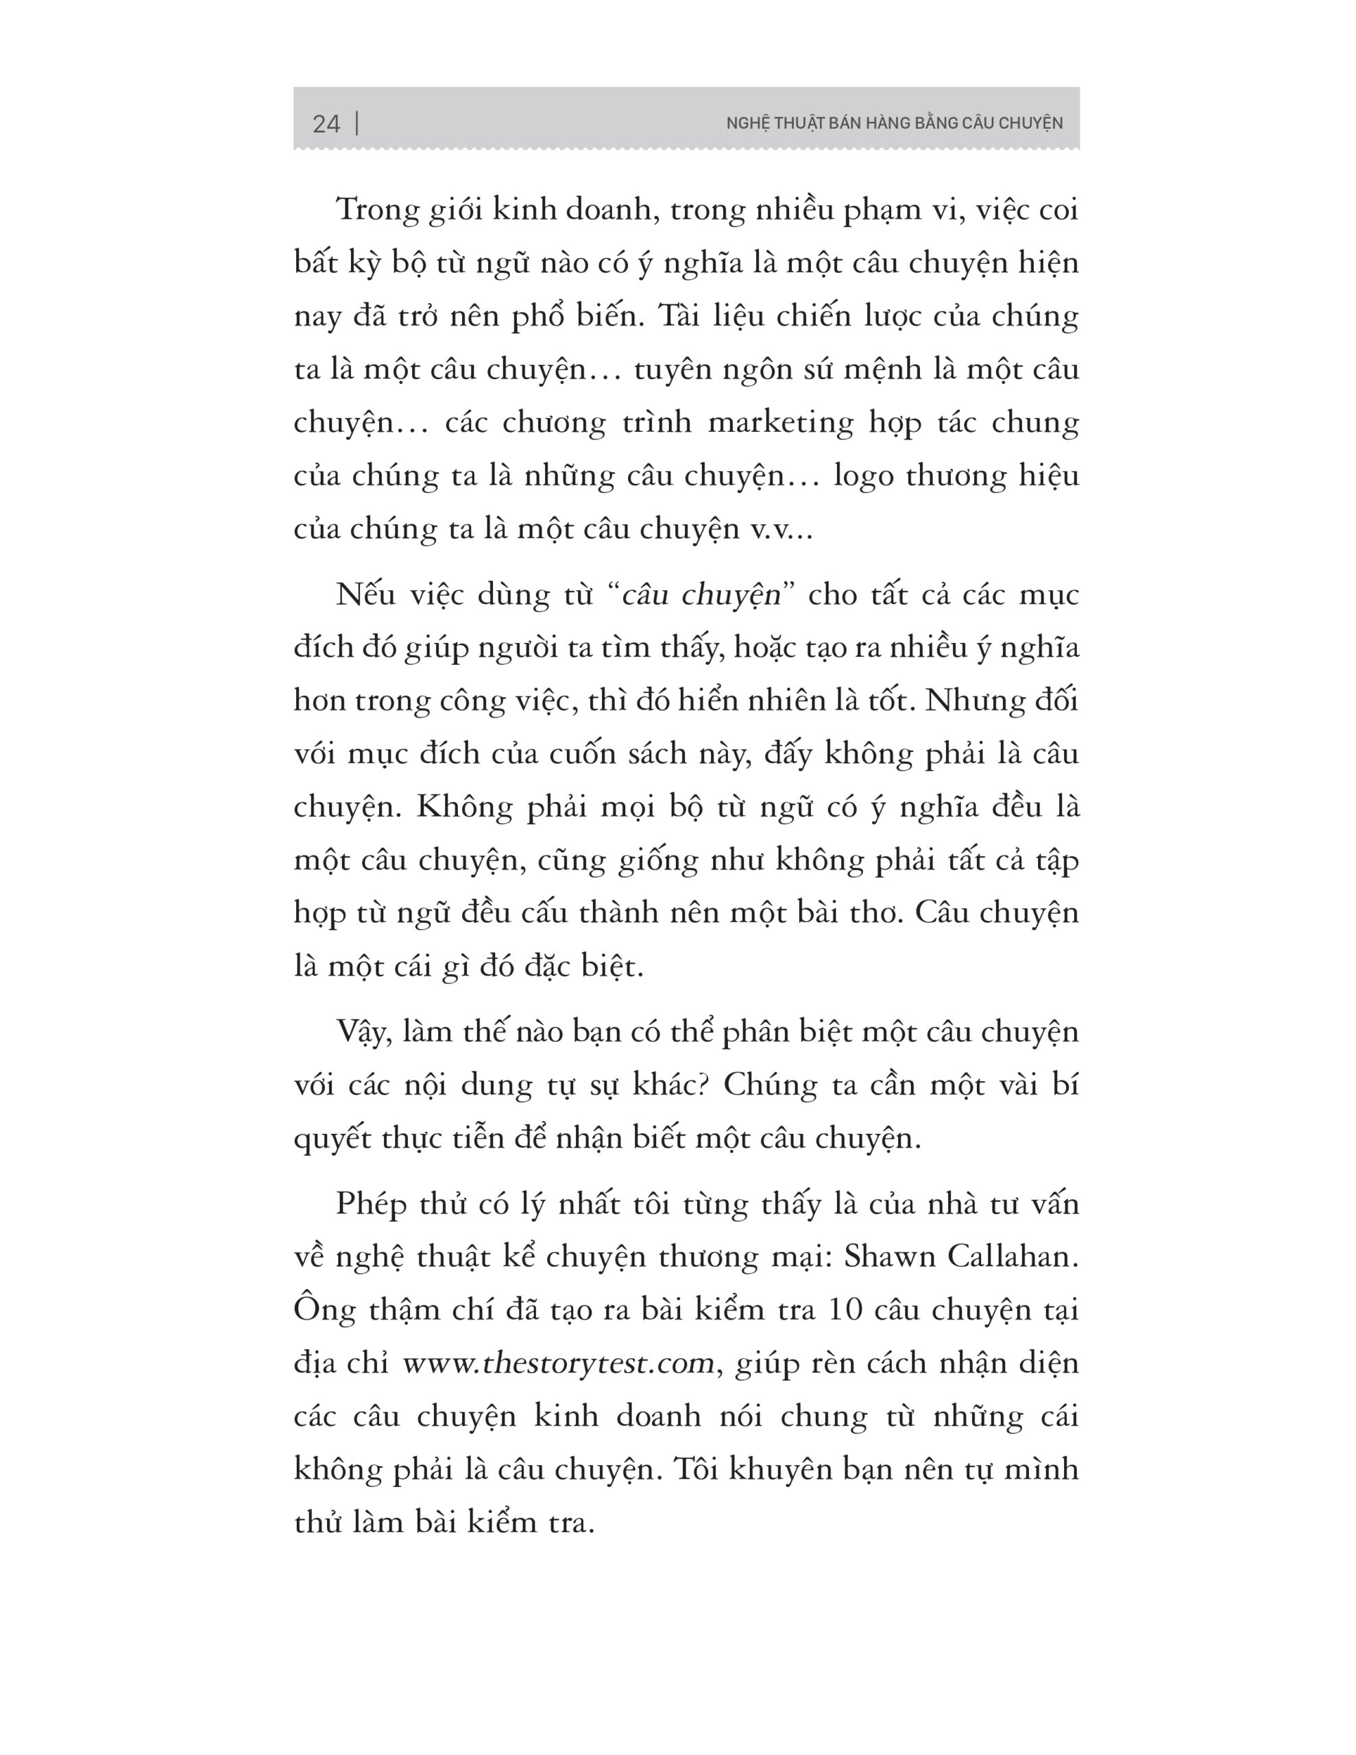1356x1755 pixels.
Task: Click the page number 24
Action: pos(326,124)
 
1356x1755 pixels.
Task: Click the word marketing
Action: pos(779,423)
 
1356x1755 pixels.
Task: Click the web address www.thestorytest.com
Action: pos(558,1364)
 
